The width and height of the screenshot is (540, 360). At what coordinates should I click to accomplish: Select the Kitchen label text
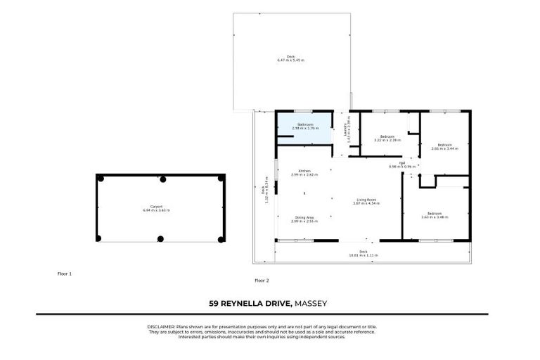[304, 172]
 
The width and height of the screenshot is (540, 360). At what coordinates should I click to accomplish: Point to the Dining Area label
[304, 219]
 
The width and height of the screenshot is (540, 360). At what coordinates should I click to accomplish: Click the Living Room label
[365, 201]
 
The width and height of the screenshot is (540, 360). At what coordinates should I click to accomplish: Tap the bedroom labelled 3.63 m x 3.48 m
[435, 215]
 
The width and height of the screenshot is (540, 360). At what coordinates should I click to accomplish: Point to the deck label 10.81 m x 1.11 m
[364, 254]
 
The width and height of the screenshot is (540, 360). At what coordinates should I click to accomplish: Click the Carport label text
[148, 207]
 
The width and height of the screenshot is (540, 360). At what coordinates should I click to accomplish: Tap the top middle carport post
[163, 179]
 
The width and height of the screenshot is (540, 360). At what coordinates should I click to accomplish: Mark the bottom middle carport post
[160, 239]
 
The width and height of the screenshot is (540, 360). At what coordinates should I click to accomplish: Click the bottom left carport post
[99, 239]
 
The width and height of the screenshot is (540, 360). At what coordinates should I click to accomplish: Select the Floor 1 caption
[65, 273]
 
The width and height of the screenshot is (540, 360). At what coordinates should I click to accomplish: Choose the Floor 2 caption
[262, 280]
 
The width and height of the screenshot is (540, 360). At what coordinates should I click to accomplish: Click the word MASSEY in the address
[311, 304]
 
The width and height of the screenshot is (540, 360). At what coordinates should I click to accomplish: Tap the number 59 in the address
[214, 304]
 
